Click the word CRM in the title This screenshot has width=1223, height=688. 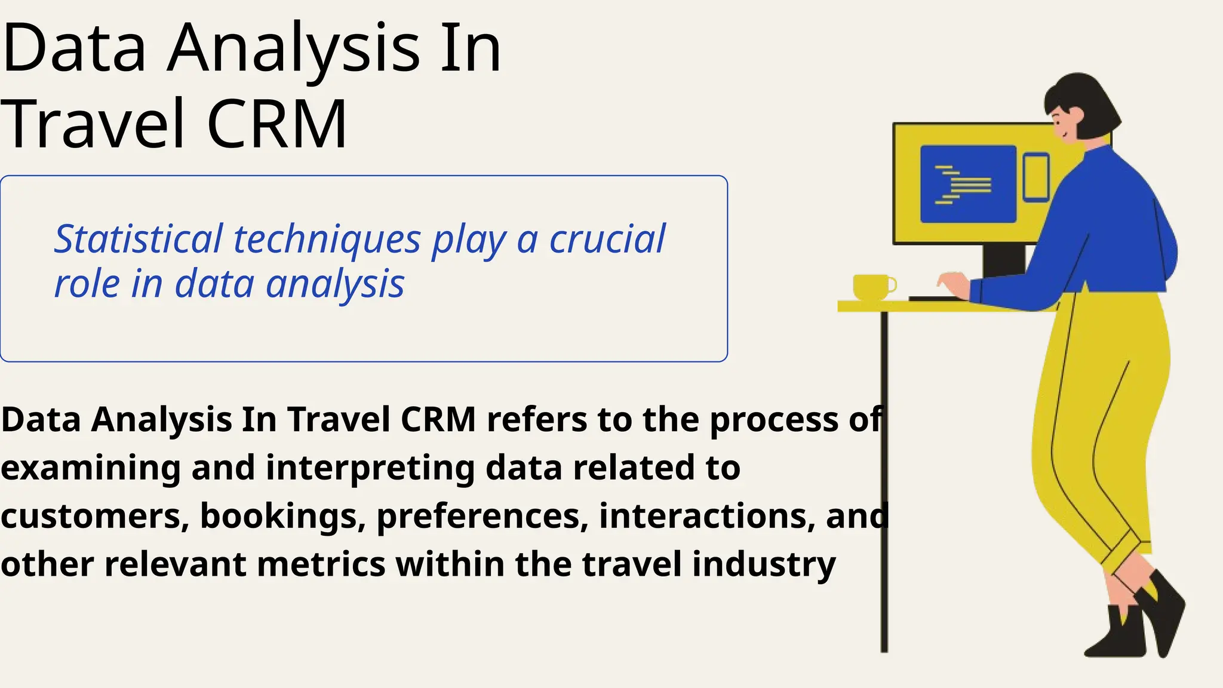tap(277, 124)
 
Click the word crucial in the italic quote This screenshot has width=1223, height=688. tap(607, 239)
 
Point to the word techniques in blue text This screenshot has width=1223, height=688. tap(327, 239)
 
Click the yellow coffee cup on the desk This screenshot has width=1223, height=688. tap(872, 287)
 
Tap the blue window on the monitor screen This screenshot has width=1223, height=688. tap(968, 184)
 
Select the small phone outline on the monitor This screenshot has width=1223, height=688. tap(1035, 177)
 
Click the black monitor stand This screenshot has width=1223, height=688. tap(1003, 260)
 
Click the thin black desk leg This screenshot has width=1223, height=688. tap(884, 478)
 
